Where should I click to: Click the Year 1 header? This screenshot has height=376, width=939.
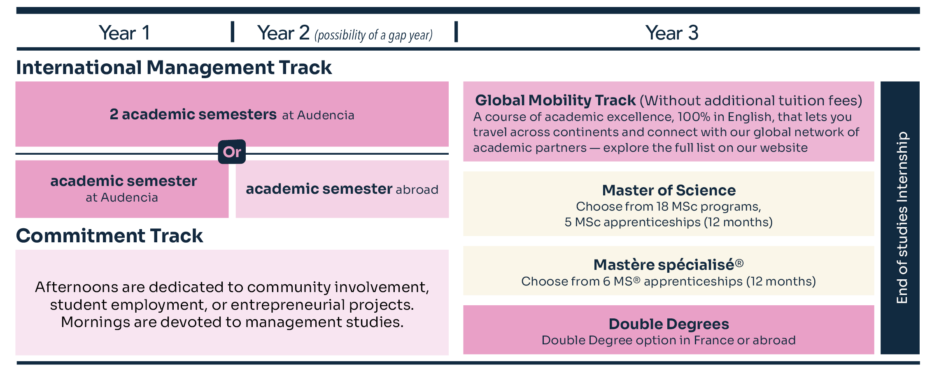(x=124, y=33)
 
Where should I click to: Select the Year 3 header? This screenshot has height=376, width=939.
(x=672, y=33)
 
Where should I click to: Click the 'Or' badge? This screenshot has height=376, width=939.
(x=232, y=152)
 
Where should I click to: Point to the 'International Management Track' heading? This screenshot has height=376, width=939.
(x=174, y=67)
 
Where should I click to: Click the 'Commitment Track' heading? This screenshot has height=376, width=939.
(x=110, y=236)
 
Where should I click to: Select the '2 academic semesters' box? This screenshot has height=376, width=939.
(x=232, y=114)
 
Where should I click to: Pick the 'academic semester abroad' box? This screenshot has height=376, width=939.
(x=342, y=189)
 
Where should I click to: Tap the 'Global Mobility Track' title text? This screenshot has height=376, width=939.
(x=555, y=100)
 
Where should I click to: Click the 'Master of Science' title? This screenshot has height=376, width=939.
(x=669, y=190)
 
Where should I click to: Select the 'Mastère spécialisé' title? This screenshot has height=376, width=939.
(x=669, y=265)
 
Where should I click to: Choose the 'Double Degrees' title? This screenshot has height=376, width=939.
(x=669, y=324)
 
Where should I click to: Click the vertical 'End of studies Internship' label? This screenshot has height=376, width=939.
(x=902, y=218)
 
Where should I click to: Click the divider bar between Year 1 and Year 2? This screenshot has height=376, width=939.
(x=233, y=32)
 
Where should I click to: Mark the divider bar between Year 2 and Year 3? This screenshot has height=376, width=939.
(x=456, y=32)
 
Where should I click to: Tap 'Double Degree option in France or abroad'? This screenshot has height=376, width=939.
(x=669, y=340)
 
